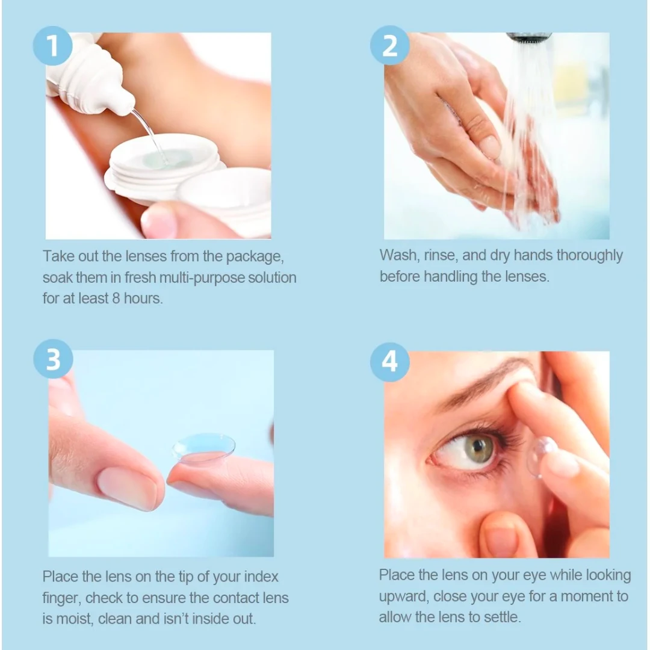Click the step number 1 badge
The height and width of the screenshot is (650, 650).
tap(52, 46)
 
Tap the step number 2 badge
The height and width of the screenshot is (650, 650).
tap(389, 46)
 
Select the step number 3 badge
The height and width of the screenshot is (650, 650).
tap(53, 359)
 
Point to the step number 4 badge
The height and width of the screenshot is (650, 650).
tap(389, 362)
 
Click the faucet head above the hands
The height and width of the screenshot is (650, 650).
tap(528, 38)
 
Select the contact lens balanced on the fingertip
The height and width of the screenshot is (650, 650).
tap(204, 448)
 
